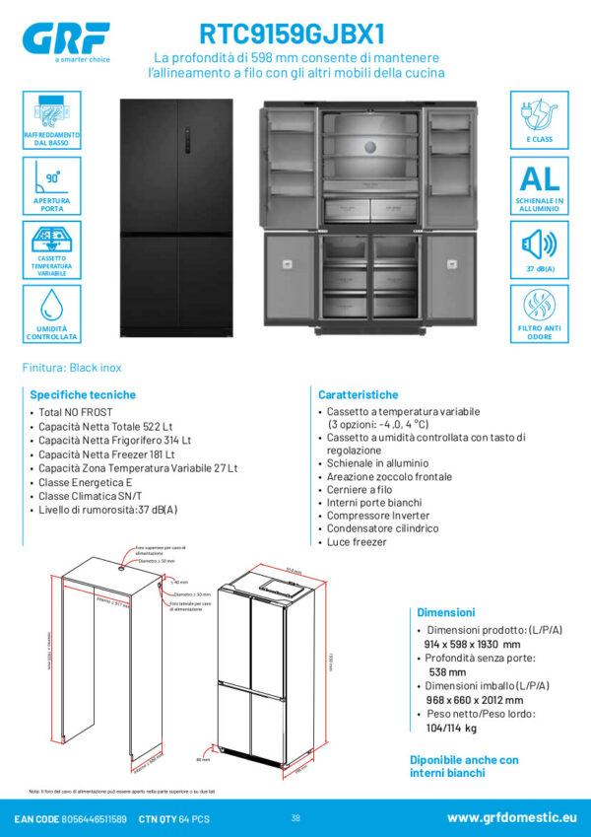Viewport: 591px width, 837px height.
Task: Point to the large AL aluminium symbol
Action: click(x=540, y=178)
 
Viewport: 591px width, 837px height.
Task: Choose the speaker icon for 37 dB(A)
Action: click(x=540, y=243)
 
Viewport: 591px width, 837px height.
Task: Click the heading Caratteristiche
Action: click(x=359, y=394)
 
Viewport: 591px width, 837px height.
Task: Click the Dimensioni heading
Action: click(x=445, y=612)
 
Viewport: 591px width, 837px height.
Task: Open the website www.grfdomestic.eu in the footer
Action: click(x=510, y=817)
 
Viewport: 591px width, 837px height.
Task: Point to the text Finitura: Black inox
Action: click(x=72, y=368)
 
